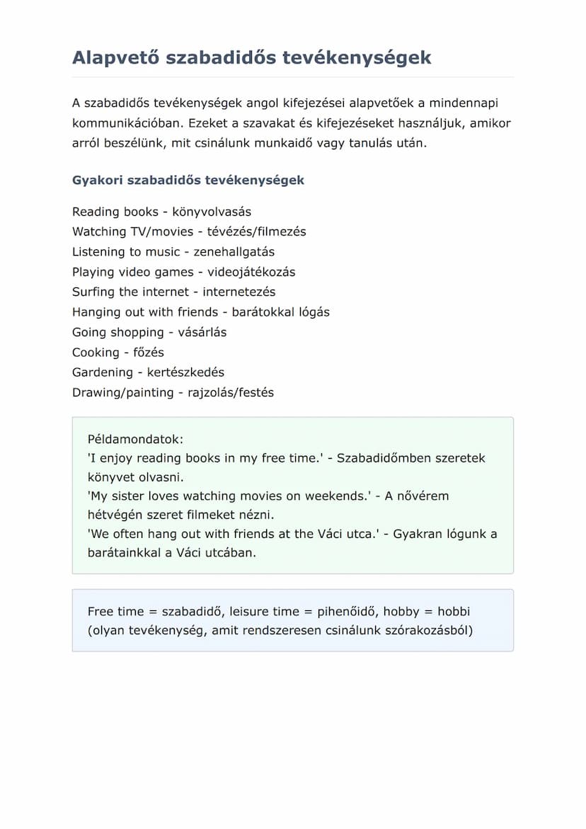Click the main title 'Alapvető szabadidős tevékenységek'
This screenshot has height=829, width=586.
[251, 57]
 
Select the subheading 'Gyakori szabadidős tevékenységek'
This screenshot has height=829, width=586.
[188, 180]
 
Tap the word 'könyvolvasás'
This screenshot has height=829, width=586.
[212, 212]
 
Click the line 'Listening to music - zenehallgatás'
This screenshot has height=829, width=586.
[173, 252]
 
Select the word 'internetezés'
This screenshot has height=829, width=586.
[239, 292]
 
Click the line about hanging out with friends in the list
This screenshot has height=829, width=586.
[201, 312]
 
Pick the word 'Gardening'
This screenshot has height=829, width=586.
[102, 372]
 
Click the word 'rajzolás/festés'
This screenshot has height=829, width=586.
[231, 392]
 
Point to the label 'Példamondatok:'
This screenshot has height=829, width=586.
[135, 440]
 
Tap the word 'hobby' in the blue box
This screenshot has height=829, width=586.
[401, 611]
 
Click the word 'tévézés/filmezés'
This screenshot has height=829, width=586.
[256, 231]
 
